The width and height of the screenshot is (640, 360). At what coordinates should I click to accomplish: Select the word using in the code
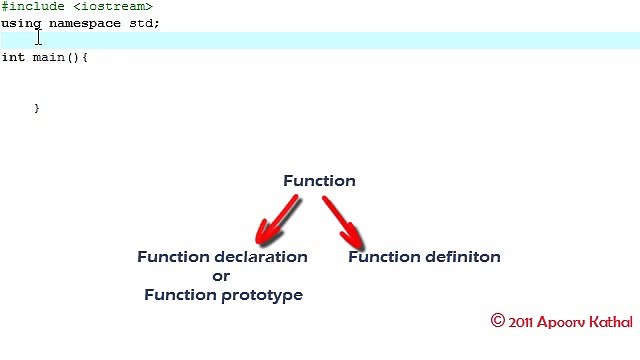[x=20, y=22]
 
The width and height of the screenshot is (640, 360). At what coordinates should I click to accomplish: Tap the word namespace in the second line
[x=84, y=22]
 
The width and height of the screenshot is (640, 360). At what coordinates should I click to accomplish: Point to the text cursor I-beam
[x=39, y=37]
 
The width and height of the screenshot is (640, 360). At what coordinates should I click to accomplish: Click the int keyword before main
[x=12, y=57]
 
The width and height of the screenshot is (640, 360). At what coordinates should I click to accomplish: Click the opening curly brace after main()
[x=85, y=57]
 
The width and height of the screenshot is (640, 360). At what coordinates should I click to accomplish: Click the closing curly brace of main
[x=37, y=107]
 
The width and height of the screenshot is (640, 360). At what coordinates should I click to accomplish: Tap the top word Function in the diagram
[x=319, y=181]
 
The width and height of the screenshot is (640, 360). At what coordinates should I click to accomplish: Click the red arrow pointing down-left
[x=277, y=220]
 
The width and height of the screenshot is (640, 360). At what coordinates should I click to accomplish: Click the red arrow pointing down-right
[x=343, y=220]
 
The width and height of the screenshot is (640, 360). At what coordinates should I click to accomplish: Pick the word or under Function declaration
[x=222, y=276]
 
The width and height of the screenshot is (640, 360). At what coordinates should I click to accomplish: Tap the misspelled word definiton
[x=461, y=257]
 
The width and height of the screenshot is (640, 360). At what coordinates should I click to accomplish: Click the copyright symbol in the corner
[x=497, y=321]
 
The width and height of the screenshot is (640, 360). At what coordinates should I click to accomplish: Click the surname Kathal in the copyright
[x=607, y=322]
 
